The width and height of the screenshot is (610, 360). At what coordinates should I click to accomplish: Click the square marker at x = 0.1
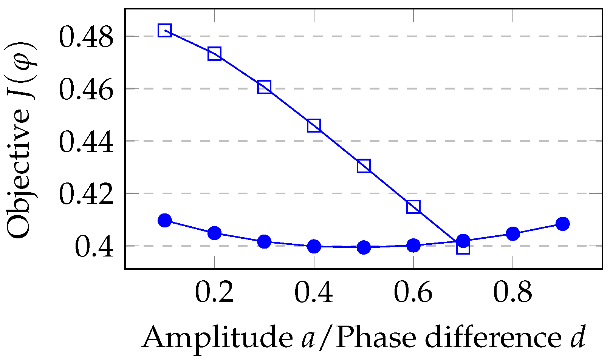[165, 30]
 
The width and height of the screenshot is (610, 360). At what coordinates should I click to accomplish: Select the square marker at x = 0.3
[264, 87]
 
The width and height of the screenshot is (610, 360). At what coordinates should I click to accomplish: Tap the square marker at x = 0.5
[364, 165]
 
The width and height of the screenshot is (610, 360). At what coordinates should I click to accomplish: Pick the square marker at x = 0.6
[413, 207]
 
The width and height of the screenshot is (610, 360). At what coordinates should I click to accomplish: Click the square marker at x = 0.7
[463, 248]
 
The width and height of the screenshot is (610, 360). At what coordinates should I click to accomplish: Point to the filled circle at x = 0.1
[165, 220]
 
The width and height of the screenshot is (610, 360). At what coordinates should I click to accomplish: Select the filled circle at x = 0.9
[562, 224]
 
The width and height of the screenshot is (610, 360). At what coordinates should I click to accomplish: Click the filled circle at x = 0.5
[364, 247]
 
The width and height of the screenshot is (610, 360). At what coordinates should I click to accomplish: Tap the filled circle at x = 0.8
[513, 234]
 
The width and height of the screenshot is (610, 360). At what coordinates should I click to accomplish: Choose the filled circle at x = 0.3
[264, 242]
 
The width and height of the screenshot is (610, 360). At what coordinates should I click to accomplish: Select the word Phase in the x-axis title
[376, 337]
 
